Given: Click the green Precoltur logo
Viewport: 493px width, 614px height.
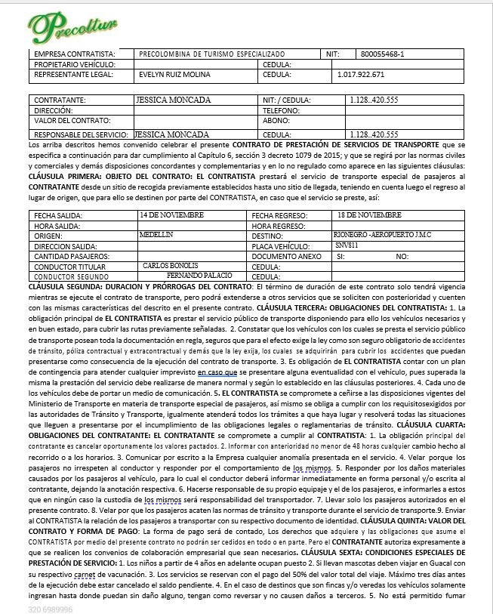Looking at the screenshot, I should pos(72,26).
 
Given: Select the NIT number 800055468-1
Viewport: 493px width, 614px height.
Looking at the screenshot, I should pos(383,54).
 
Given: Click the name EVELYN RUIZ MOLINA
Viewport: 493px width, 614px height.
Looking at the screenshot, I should pos(175,75).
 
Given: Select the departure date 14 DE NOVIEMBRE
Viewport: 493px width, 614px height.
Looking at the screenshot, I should pos(172,215).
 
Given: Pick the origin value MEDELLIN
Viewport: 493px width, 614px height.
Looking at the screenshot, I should pos(157,235).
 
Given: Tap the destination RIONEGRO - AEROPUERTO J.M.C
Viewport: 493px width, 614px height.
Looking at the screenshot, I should pos(382,235).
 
